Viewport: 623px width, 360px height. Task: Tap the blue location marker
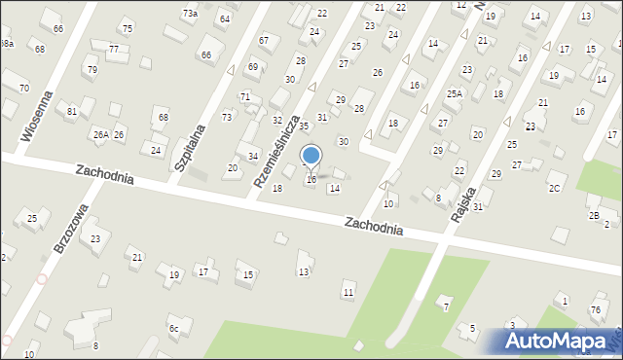tap(311, 156)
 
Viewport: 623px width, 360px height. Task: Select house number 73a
tap(190, 14)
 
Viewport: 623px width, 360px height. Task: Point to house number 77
tap(114, 49)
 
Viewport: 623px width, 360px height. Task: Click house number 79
tap(92, 70)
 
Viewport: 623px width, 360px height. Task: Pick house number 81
tap(72, 112)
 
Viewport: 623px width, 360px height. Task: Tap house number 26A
tap(100, 134)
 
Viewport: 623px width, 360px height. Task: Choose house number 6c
tap(173, 329)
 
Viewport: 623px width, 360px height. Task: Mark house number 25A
tap(454, 93)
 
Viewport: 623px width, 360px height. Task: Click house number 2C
tap(554, 188)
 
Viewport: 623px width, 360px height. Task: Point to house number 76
tap(595, 309)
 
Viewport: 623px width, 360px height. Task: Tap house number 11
tap(348, 293)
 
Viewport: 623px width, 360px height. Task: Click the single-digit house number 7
tap(447, 307)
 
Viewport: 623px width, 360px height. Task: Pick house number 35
tap(304, 126)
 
